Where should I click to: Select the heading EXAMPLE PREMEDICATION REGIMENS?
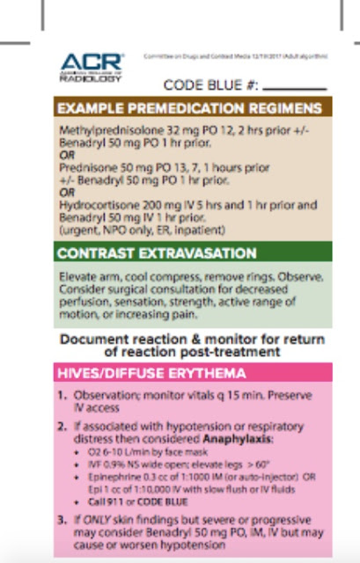click(188, 109)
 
